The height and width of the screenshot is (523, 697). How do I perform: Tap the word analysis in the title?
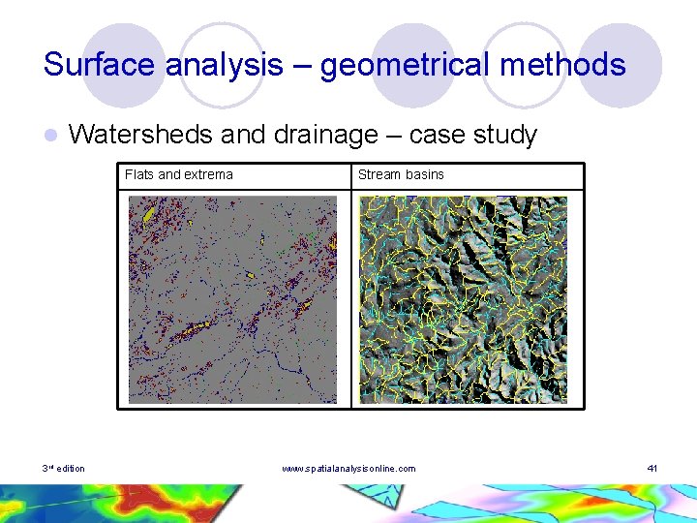coord(224,66)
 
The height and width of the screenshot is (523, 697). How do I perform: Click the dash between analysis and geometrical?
coord(303,66)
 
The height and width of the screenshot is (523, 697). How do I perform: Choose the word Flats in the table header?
coord(139,175)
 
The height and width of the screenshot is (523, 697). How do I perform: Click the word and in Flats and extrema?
coord(169,175)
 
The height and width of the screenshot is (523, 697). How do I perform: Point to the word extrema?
coord(209,175)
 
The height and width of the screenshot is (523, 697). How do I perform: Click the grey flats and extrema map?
coord(233,299)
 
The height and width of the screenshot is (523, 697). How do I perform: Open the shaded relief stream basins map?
coord(463,299)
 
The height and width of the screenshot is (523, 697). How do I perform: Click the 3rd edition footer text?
coord(64,469)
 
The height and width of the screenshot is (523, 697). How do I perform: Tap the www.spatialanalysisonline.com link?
coord(348,469)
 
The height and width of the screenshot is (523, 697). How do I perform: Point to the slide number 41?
coord(652,469)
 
